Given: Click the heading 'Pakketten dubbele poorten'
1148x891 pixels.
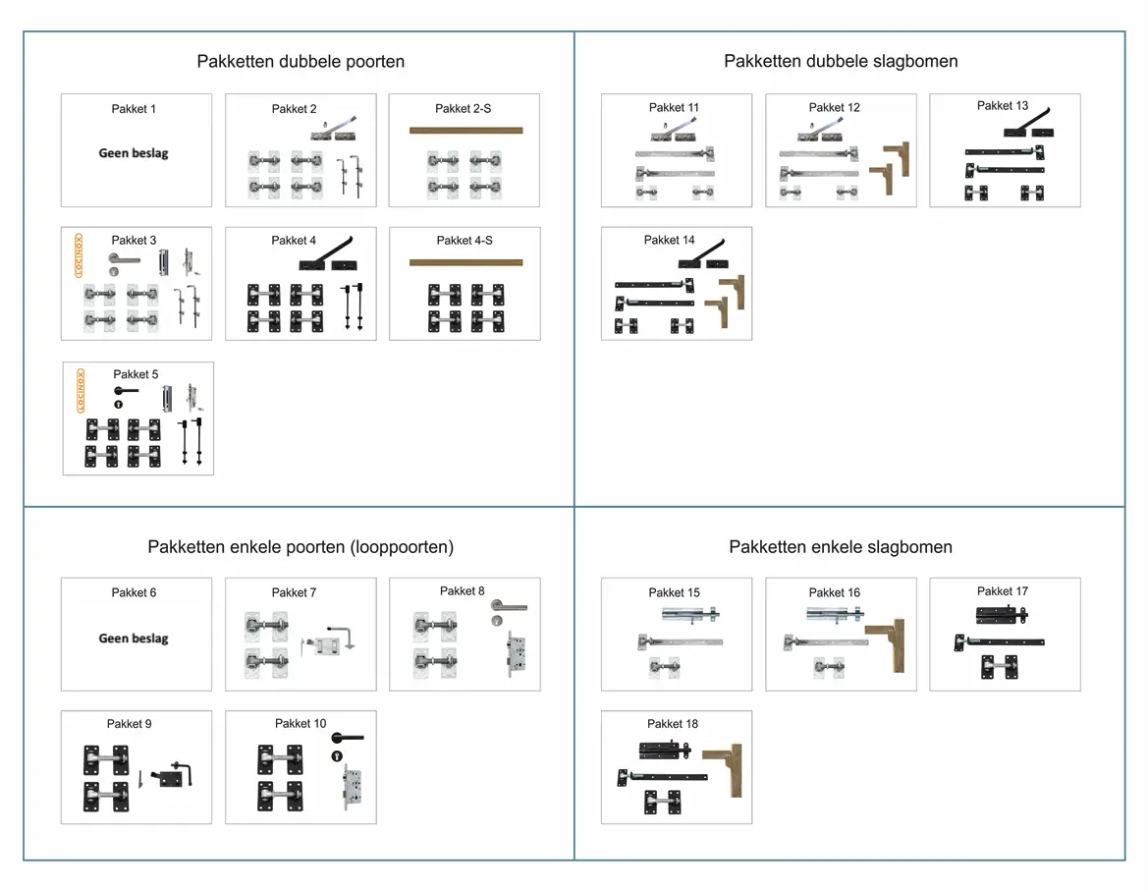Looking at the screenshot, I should pos(301,62).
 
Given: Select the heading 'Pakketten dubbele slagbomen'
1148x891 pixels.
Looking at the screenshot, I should pos(841,62).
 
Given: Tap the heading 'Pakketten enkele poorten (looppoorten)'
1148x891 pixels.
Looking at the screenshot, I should pos(301,547).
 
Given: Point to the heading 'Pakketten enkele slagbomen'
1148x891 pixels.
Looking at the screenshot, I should pos(841,547).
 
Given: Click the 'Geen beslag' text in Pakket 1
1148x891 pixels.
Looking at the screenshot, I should pos(134,153).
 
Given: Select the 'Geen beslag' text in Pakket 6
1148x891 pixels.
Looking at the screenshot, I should pos(134,639).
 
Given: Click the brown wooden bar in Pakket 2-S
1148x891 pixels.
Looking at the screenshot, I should pos(465,130).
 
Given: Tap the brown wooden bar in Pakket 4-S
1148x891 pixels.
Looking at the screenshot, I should pos(465,262).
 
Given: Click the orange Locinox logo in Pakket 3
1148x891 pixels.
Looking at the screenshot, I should pos(80,255).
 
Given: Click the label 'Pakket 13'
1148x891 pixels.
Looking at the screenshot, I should pos(1003,106).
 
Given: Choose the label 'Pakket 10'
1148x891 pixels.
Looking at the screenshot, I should pos(301,724).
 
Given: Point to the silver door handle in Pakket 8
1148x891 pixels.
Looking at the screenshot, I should pos(509,609).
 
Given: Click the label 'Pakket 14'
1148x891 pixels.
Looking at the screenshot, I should pos(670,240).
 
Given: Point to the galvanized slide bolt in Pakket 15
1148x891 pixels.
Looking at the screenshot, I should pos(693,617).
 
